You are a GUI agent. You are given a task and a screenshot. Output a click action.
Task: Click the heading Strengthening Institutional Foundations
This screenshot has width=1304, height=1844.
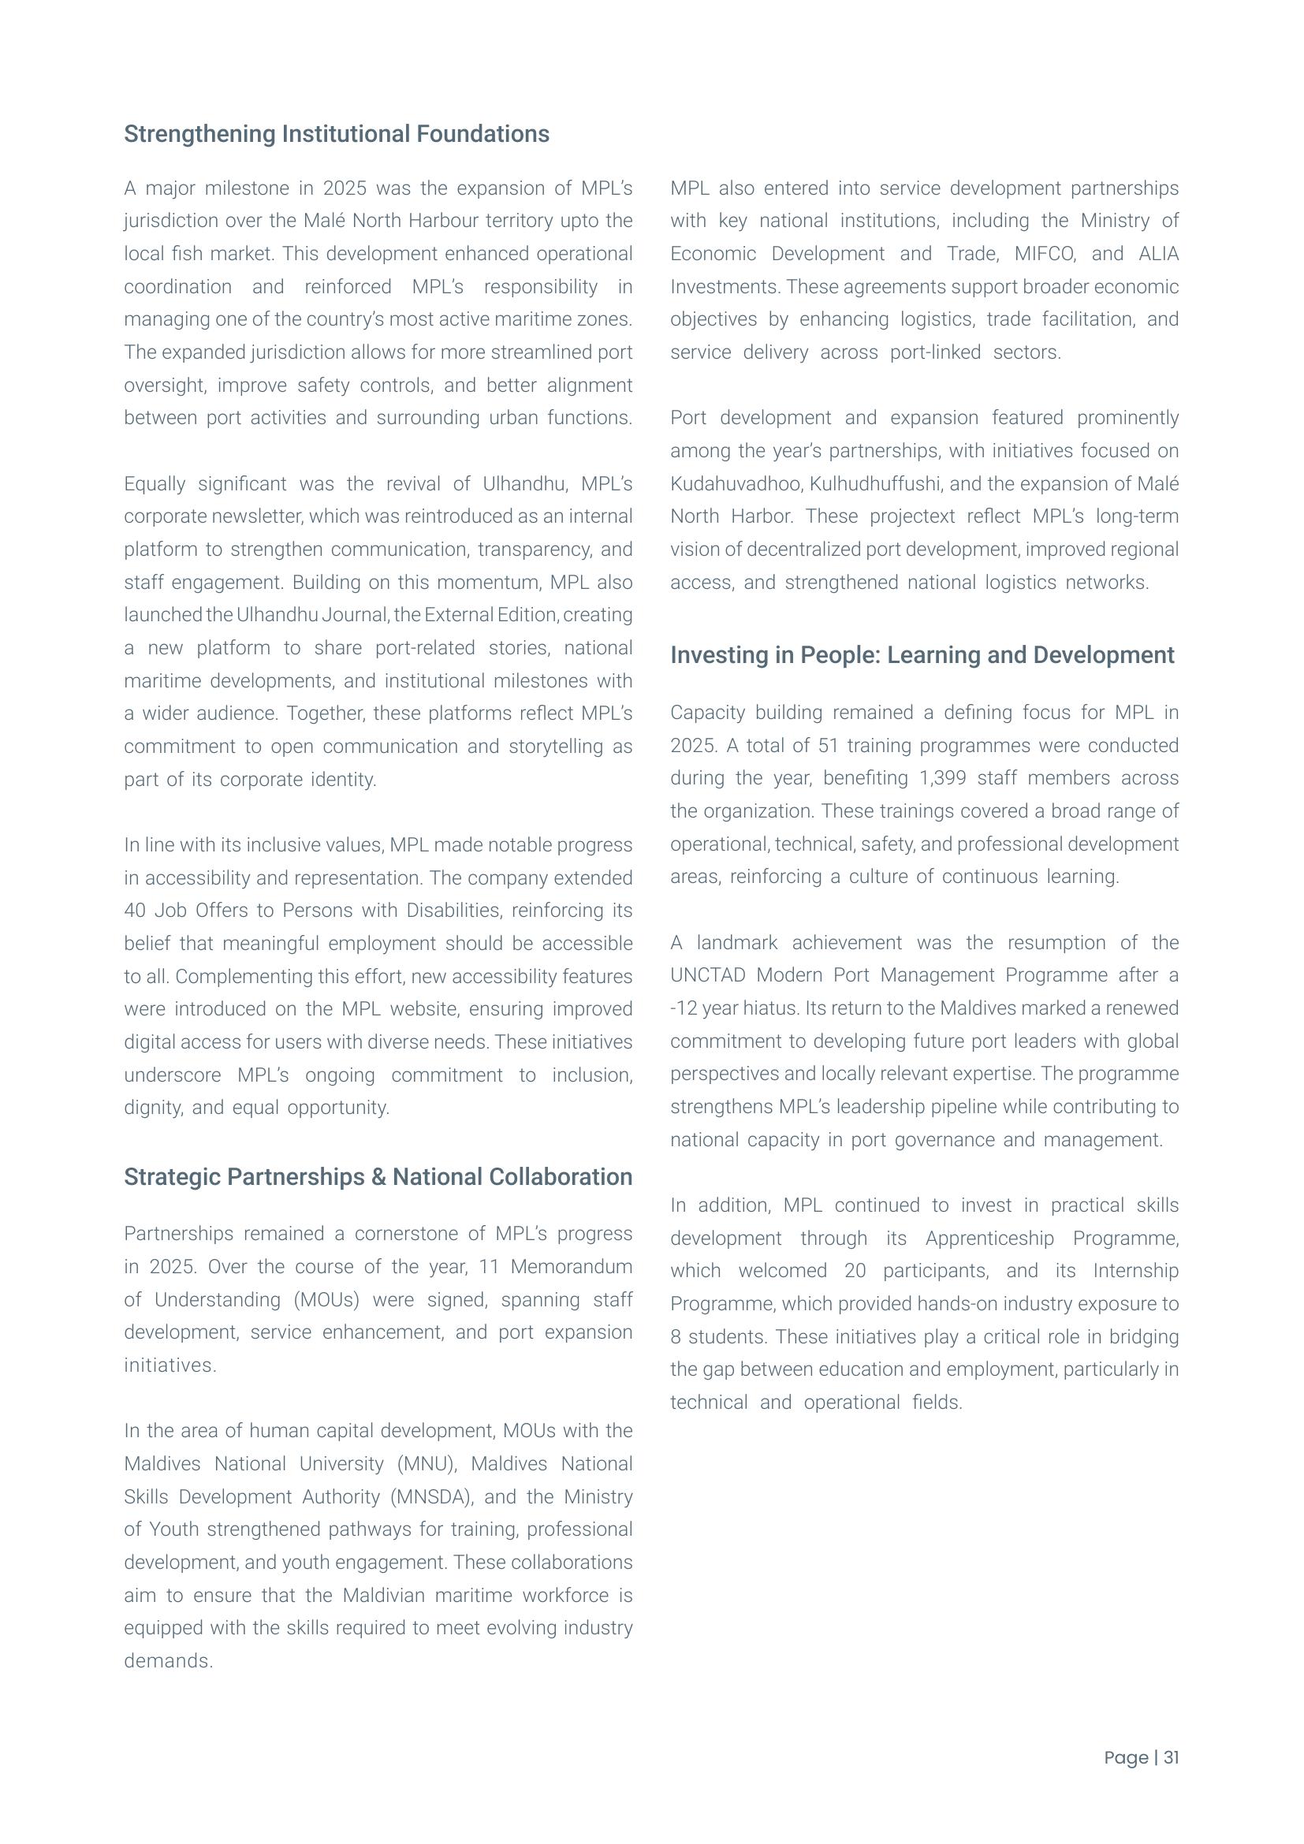click(x=337, y=134)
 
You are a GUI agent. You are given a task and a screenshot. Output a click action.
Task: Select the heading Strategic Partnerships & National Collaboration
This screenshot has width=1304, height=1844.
click(x=378, y=1176)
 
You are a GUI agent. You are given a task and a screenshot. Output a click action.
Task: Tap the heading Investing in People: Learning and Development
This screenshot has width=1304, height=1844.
click(x=922, y=654)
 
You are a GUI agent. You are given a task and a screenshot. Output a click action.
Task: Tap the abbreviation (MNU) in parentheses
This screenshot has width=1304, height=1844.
click(x=427, y=1463)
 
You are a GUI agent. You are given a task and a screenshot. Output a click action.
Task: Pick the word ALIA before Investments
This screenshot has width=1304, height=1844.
click(x=1158, y=254)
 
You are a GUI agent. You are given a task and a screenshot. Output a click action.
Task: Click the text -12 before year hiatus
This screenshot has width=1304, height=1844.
click(x=684, y=1008)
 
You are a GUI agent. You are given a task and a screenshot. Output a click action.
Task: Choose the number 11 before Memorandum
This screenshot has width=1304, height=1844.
click(x=489, y=1267)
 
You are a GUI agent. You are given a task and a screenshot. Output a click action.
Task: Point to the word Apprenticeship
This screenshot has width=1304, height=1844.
click(x=989, y=1238)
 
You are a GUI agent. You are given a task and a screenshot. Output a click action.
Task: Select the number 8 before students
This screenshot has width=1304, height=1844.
click(x=676, y=1336)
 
